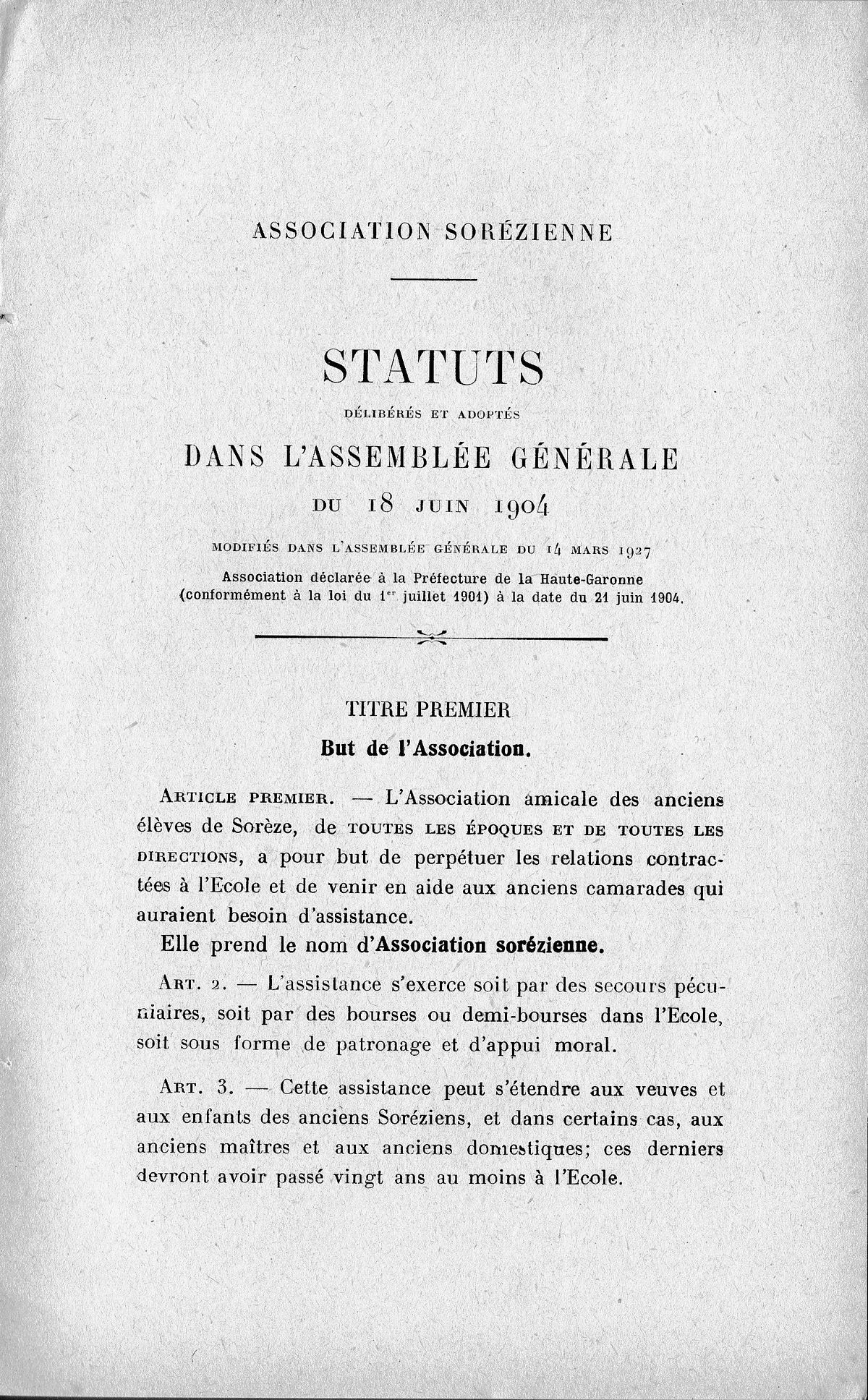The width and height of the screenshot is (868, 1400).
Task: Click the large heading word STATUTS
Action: tap(433, 369)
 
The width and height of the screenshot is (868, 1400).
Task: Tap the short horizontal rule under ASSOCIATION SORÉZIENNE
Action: tap(433, 279)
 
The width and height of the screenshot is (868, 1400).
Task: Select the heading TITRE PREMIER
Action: tap(429, 710)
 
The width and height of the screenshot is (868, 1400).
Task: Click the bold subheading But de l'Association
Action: tap(427, 749)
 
